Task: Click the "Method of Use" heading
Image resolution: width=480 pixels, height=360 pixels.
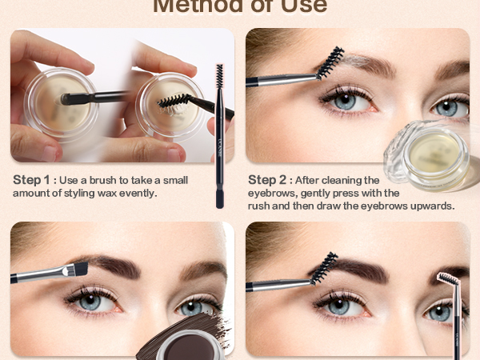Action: tap(240, 6)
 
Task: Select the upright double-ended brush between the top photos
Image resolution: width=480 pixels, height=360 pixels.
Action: tap(219, 136)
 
